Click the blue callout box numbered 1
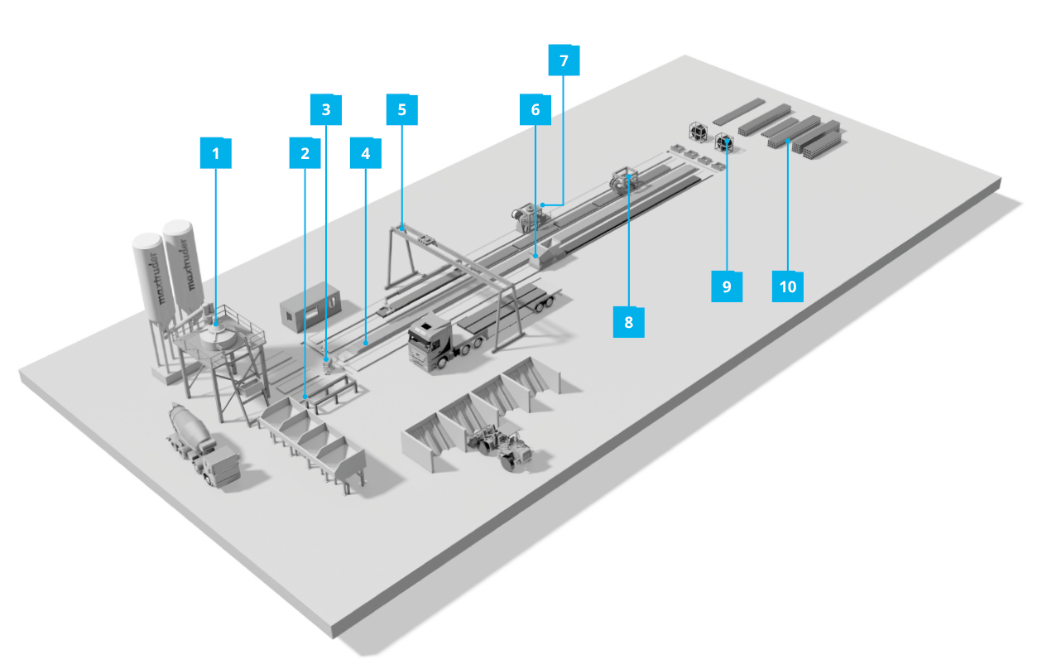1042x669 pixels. pyautogui.click(x=216, y=153)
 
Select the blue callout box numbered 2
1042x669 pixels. pyautogui.click(x=305, y=153)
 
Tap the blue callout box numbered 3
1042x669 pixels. pyautogui.click(x=325, y=108)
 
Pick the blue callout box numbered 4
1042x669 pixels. pyautogui.click(x=366, y=153)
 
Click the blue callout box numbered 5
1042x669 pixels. pyautogui.click(x=402, y=108)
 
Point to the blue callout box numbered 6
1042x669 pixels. pyautogui.click(x=535, y=108)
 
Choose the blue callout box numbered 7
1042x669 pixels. pyautogui.click(x=564, y=60)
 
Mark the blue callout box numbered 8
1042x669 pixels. pyautogui.click(x=628, y=322)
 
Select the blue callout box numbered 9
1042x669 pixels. pyautogui.click(x=727, y=286)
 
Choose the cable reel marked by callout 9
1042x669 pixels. pyautogui.click(x=724, y=143)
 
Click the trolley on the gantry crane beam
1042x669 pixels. pyautogui.click(x=427, y=241)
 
